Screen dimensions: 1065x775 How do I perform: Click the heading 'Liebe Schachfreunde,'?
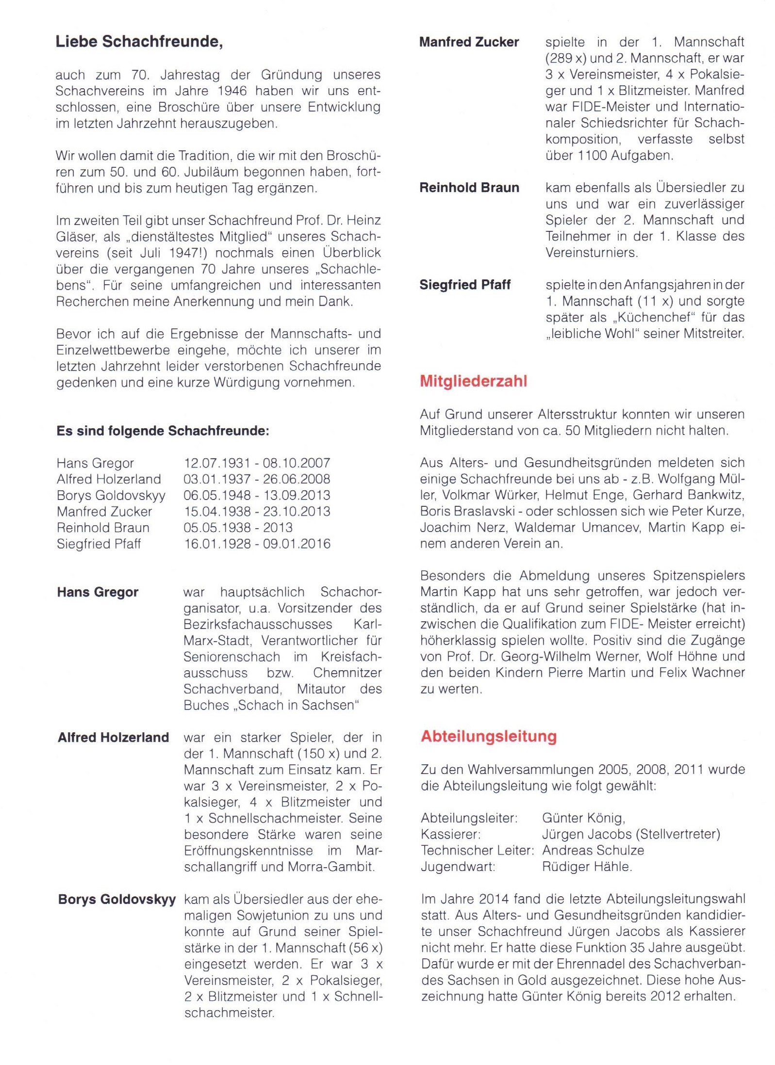pyautogui.click(x=139, y=42)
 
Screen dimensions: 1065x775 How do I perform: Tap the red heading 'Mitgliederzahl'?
pyautogui.click(x=473, y=381)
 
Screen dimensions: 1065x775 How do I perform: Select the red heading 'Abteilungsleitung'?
pyautogui.click(x=489, y=736)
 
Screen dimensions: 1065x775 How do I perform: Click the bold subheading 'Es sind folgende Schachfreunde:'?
pyautogui.click(x=163, y=431)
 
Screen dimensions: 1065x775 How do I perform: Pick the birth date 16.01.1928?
pyautogui.click(x=216, y=544)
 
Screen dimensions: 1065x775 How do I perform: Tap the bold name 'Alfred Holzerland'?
pyautogui.click(x=113, y=738)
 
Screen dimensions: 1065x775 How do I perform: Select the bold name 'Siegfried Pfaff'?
pyautogui.click(x=465, y=285)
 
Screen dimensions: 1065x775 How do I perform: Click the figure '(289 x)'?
pyautogui.click(x=566, y=58)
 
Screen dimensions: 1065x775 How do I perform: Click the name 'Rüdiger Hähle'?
pyautogui.click(x=587, y=867)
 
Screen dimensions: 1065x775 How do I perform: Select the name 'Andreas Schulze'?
pyautogui.click(x=593, y=850)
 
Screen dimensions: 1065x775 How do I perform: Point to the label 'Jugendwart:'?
pyautogui.click(x=458, y=867)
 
